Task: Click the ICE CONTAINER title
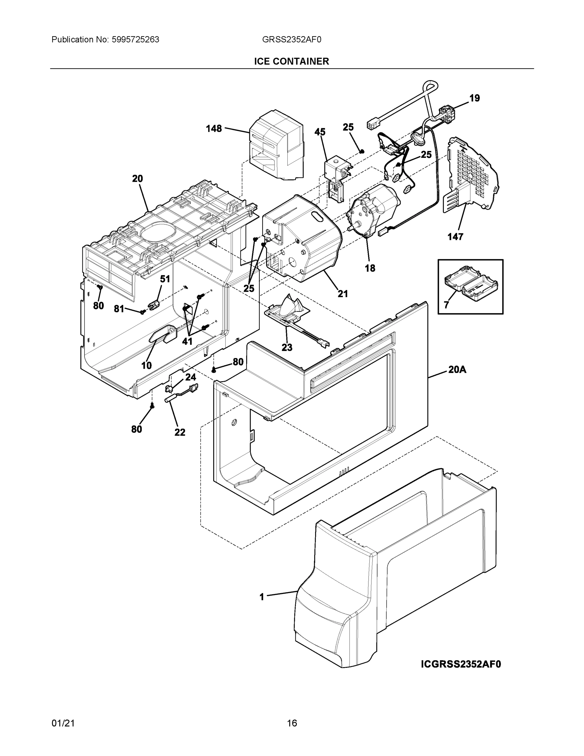(291, 61)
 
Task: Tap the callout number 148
(213, 129)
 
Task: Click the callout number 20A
(457, 370)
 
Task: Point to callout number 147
(455, 237)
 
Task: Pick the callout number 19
(474, 98)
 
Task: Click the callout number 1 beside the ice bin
(262, 597)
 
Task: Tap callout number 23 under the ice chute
(287, 347)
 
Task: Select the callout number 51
(165, 279)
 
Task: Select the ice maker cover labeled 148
(277, 146)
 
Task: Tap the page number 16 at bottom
(292, 723)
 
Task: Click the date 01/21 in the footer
(63, 723)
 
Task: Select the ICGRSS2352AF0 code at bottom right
(461, 664)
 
